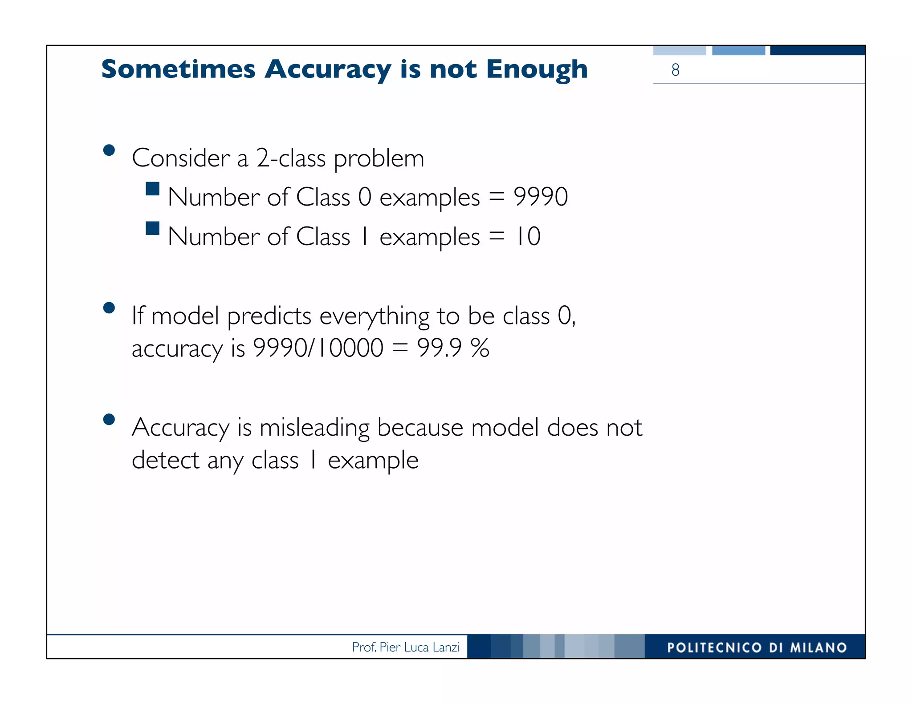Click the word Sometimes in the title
[178, 69]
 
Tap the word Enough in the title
[537, 70]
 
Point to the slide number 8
[675, 70]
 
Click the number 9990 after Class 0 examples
[541, 197]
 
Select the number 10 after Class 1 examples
[528, 236]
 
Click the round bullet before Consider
[109, 150]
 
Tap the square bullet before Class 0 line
[152, 189]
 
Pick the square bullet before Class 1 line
[152, 228]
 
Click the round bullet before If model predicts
[109, 308]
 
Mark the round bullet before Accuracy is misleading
[109, 419]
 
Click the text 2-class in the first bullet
[291, 158]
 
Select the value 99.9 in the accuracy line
[439, 348]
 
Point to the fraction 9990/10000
[318, 348]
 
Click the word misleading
[314, 428]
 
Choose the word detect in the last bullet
[166, 460]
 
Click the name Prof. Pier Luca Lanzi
[405, 647]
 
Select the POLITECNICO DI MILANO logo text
[757, 647]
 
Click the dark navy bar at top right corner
[817, 50]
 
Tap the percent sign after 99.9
[480, 348]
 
